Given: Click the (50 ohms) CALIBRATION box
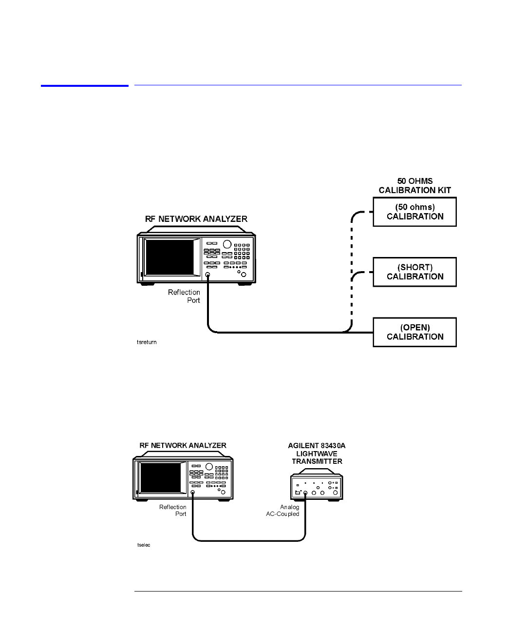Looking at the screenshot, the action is (414, 212).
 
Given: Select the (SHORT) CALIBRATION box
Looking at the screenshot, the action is (414, 272).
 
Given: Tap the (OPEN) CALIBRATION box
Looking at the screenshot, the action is (414, 332).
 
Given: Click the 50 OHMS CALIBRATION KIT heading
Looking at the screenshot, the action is (415, 185).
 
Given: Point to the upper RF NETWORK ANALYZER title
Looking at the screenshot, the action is (196, 219).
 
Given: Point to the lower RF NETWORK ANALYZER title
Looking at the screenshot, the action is (183, 445).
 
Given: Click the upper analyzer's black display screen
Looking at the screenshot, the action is (169, 257).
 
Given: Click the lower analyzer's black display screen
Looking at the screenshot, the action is (161, 478).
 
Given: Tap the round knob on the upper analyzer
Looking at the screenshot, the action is (227, 244).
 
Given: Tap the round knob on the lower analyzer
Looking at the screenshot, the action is (209, 466).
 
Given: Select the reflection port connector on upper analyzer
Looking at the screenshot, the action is (207, 275).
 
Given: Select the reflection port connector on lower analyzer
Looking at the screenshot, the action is (192, 492).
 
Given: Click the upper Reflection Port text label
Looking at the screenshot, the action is (184, 296).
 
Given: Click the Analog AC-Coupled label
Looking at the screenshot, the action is (282, 510).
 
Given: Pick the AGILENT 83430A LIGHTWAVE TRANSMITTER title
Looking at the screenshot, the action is (317, 454).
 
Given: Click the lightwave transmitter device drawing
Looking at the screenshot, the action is (317, 485).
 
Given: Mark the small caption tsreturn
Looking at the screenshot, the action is (147, 342).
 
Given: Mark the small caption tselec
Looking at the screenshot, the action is (144, 545).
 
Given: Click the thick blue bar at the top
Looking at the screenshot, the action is (85, 86).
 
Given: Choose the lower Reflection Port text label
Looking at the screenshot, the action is (172, 510).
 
